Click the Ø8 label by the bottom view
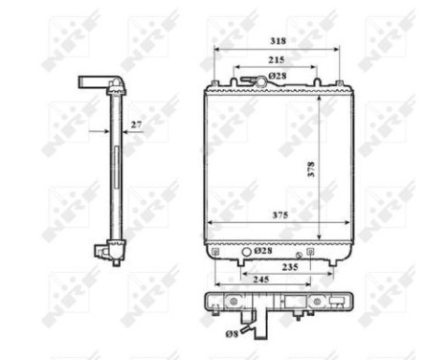tap(232, 333)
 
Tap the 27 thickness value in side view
tap(136, 124)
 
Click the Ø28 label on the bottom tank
tap(264, 251)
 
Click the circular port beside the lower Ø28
tap(248, 252)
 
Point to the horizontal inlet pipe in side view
tap(95, 81)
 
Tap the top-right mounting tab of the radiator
tap(318, 82)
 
